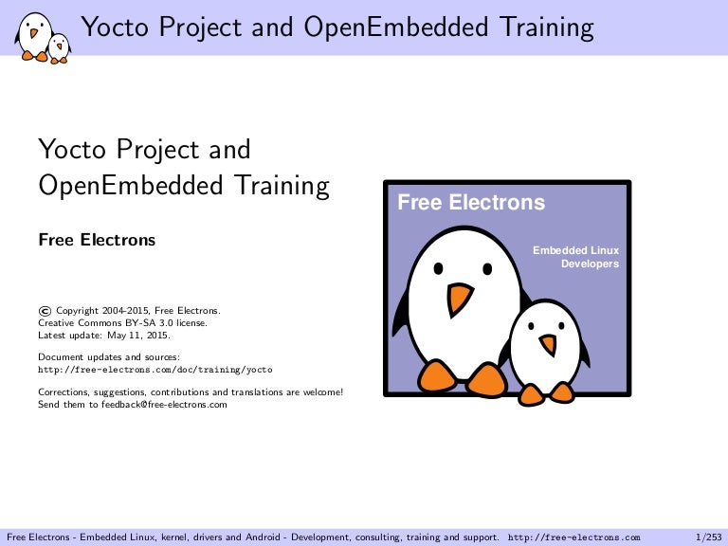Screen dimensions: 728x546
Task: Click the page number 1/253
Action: coord(708,537)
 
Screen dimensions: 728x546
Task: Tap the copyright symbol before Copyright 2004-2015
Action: coord(45,311)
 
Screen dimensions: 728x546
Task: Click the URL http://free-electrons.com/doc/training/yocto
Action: coord(155,370)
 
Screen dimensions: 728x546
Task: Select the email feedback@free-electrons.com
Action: coord(164,405)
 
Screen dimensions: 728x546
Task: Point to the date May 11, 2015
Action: coord(138,336)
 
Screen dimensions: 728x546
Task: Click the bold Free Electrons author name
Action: coord(97,240)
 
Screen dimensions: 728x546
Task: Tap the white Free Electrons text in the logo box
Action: coord(471,203)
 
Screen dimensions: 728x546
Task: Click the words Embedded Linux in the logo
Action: coord(575,250)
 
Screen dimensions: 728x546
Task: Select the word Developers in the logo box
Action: coord(590,264)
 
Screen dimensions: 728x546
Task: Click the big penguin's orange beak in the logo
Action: coord(459,299)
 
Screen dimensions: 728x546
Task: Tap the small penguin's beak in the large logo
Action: coord(548,344)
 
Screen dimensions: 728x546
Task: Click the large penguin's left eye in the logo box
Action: coord(438,268)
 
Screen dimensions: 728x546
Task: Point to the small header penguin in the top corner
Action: coord(60,48)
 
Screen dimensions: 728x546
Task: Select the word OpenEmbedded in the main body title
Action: coord(131,185)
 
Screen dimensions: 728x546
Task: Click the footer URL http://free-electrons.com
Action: coord(573,537)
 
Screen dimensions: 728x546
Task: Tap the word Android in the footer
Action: coord(263,537)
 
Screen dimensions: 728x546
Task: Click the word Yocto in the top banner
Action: coord(115,27)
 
